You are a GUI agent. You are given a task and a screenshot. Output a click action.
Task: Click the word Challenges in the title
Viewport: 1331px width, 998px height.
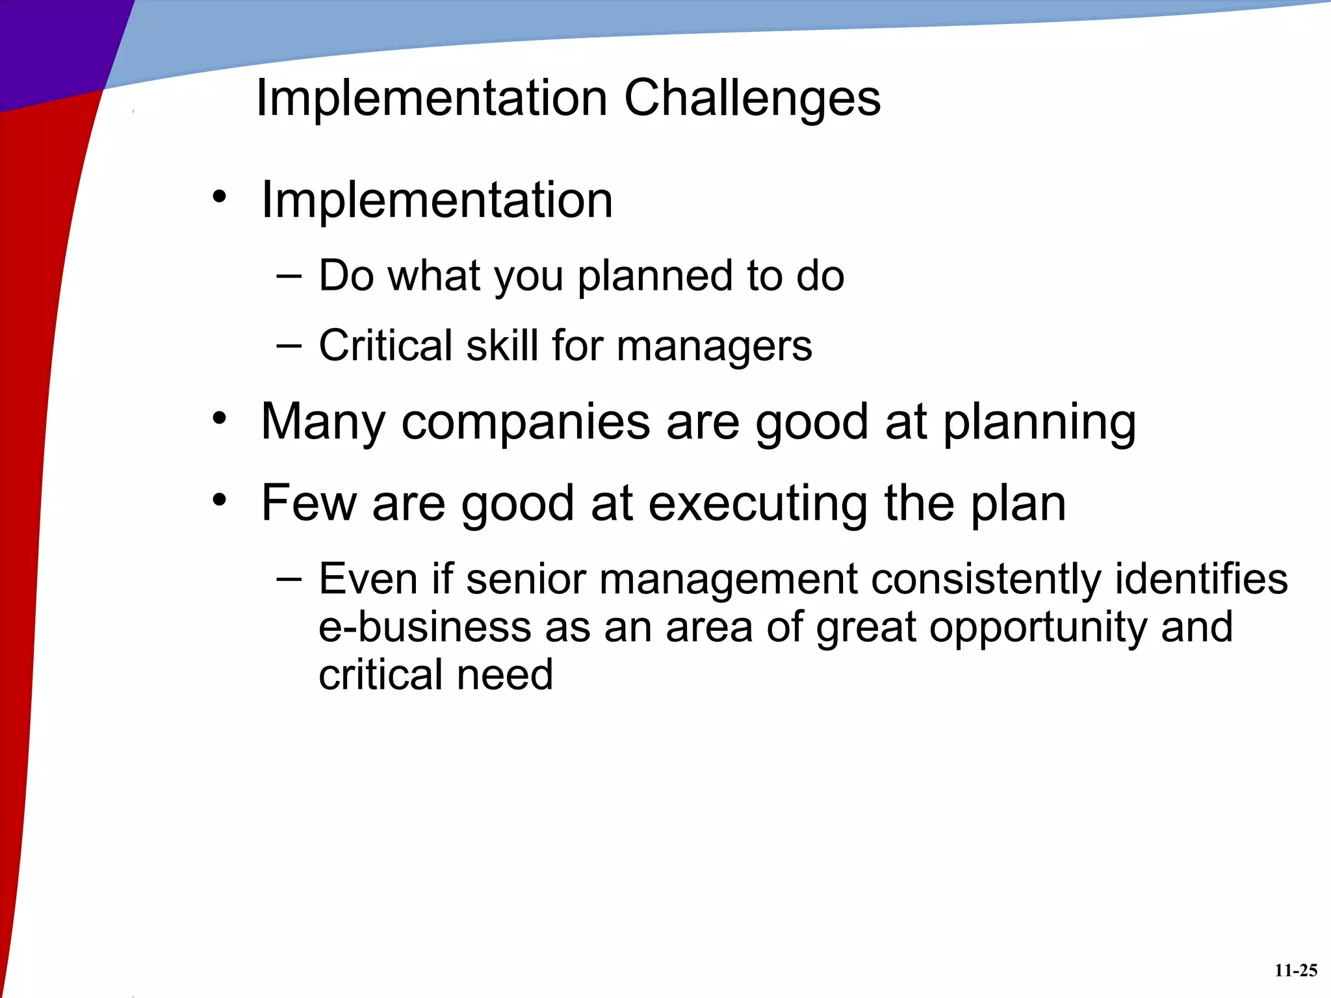coord(752,99)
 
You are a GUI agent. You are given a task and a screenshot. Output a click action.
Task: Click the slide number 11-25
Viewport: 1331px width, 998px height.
coord(1295,971)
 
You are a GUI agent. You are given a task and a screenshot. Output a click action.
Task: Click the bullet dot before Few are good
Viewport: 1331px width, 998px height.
coord(220,500)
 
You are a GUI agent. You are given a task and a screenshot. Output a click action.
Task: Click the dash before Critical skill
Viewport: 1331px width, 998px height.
coord(289,346)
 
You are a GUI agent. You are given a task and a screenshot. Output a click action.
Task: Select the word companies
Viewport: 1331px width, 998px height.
coord(525,422)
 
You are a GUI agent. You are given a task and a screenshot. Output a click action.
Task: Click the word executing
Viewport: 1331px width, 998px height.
coord(758,504)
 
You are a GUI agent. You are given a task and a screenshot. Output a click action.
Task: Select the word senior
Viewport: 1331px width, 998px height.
coord(526,580)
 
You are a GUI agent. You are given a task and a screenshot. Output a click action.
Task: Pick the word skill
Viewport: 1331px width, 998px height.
coord(502,346)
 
